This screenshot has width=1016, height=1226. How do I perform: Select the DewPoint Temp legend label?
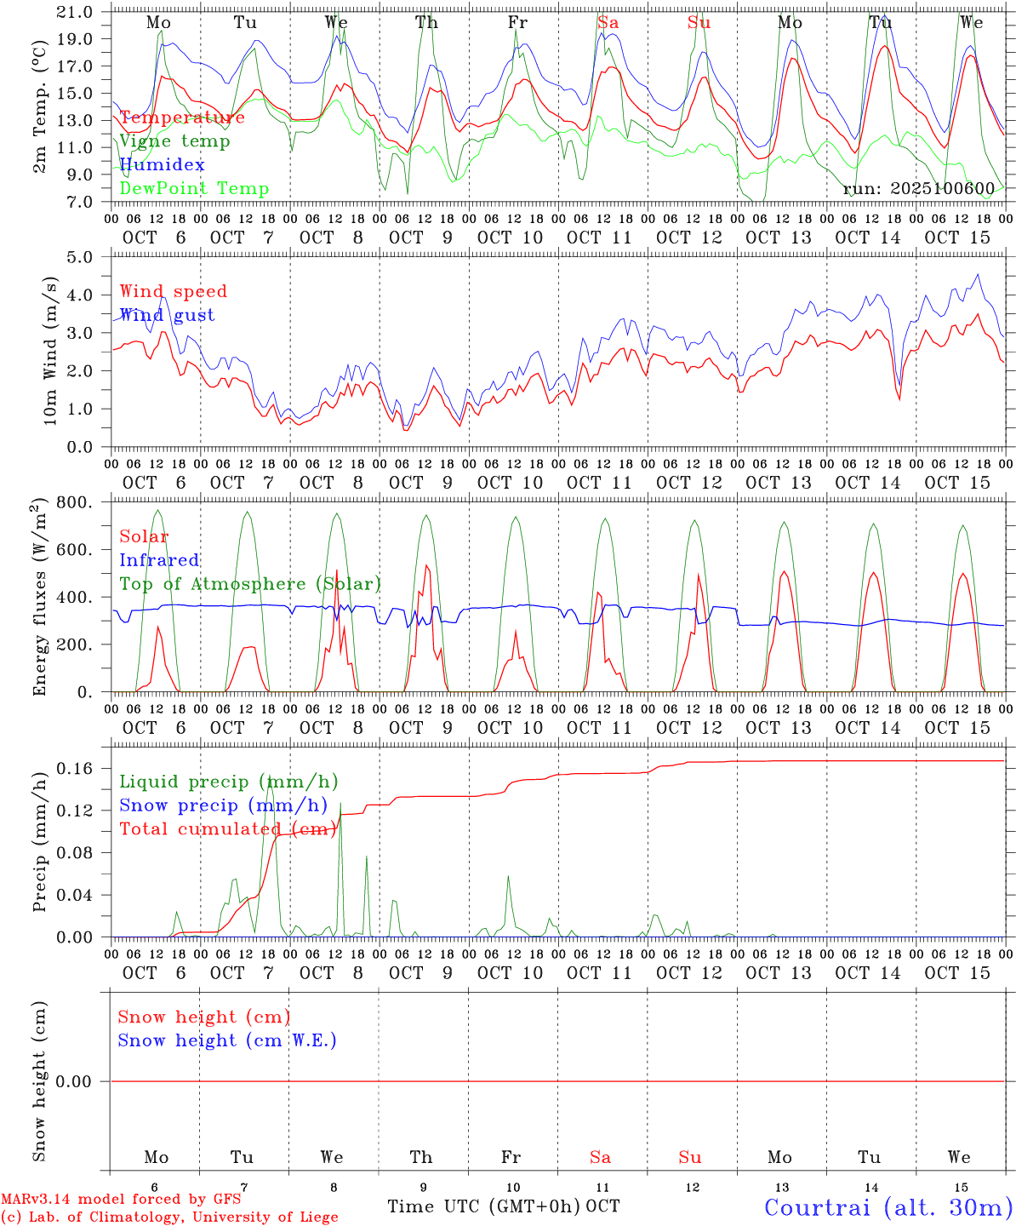point(194,188)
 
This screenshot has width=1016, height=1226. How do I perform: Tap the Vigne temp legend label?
point(174,140)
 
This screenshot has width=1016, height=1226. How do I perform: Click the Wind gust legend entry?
point(167,315)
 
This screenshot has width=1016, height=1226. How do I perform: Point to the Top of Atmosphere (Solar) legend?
point(250,584)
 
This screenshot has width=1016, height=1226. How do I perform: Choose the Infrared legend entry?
point(159,560)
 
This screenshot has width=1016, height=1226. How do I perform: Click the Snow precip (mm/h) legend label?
point(223,805)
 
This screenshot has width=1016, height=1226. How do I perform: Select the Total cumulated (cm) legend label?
point(228,828)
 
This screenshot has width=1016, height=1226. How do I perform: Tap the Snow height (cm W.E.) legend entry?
point(227,1040)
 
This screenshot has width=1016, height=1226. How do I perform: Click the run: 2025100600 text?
point(923,188)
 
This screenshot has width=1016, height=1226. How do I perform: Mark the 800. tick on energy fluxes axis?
point(75,502)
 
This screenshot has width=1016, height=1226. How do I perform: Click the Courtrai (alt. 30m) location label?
point(888,1206)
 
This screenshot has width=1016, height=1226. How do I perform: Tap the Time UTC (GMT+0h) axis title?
point(484,1206)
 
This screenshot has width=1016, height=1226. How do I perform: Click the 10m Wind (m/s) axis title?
point(51,351)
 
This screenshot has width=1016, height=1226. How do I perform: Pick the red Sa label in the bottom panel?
point(600,1157)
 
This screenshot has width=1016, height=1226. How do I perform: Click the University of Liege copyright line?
point(169,1217)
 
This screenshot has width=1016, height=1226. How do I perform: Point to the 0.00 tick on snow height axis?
point(74,1081)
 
